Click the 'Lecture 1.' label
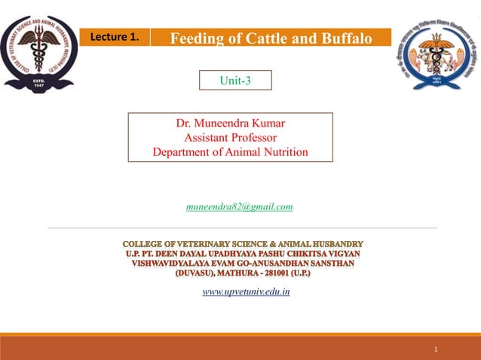[115, 37]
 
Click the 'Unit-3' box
[234, 81]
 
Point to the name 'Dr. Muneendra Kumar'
[230, 123]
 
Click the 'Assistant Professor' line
[230, 137]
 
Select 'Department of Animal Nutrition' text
[230, 151]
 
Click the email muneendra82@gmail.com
[239, 206]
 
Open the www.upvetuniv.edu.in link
[246, 291]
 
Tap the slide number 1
[436, 349]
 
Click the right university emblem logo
[436, 54]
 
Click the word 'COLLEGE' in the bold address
[149, 244]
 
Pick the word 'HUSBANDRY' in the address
[335, 244]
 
